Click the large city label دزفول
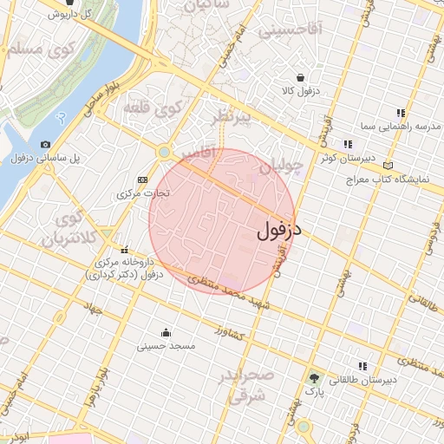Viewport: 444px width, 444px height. pyautogui.click(x=279, y=231)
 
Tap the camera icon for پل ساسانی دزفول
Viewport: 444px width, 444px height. pyautogui.click(x=45, y=145)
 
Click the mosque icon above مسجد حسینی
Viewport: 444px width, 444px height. pyautogui.click(x=166, y=332)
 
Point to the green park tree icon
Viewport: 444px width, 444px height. pyautogui.click(x=314, y=378)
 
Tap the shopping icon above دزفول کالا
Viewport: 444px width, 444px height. pyautogui.click(x=300, y=77)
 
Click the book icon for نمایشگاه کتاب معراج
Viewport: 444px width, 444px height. pyautogui.click(x=388, y=165)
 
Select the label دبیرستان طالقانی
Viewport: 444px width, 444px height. pyautogui.click(x=390, y=380)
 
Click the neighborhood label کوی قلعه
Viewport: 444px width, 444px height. pyautogui.click(x=160, y=110)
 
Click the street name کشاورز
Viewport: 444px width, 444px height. pyautogui.click(x=232, y=333)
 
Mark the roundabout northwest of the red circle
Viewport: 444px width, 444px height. pyautogui.click(x=163, y=153)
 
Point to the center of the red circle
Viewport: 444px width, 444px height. pyautogui.click(x=222, y=221)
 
